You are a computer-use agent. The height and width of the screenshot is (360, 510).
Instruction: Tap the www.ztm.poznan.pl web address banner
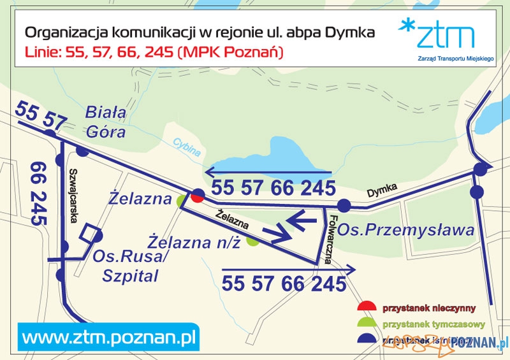click(x=109, y=335)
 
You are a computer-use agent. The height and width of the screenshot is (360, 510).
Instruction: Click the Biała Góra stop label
click(x=106, y=122)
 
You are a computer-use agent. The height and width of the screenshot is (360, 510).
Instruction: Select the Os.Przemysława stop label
click(x=406, y=229)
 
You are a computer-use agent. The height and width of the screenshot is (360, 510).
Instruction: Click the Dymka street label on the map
click(x=382, y=190)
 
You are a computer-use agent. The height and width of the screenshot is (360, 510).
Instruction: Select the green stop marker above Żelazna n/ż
click(x=253, y=241)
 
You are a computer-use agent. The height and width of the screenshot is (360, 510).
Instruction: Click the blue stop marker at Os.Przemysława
click(x=344, y=205)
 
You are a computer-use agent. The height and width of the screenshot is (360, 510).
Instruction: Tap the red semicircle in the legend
click(x=366, y=307)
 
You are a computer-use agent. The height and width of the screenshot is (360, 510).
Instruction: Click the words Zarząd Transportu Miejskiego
click(x=437, y=57)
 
